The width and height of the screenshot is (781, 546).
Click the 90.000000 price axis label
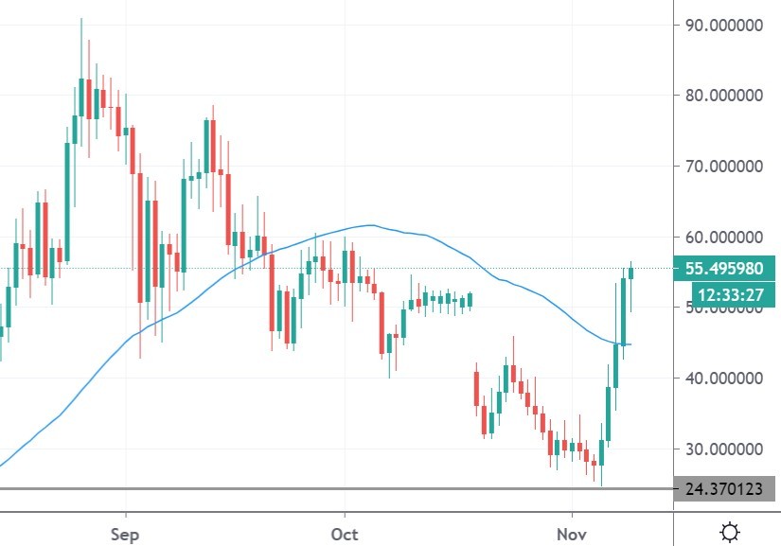click(x=724, y=25)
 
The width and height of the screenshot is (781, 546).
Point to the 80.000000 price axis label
click(x=724, y=96)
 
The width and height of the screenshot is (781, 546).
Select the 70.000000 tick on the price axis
click(x=724, y=167)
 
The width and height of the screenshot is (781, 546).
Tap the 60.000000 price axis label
click(x=724, y=237)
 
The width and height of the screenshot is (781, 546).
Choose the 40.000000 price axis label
click(x=724, y=379)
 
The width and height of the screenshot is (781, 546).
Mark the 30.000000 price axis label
click(x=724, y=449)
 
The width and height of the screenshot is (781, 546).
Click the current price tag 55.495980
click(x=724, y=269)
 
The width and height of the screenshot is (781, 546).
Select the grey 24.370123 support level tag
click(x=724, y=489)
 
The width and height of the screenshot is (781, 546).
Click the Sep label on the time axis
click(x=124, y=534)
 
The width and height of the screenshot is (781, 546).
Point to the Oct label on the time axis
click(x=345, y=534)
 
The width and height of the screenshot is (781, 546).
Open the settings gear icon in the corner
click(x=730, y=532)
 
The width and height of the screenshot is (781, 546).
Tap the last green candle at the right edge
click(x=630, y=273)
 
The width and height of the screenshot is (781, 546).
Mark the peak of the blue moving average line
click(x=372, y=225)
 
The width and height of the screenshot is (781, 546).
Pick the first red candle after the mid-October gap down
click(x=476, y=389)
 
